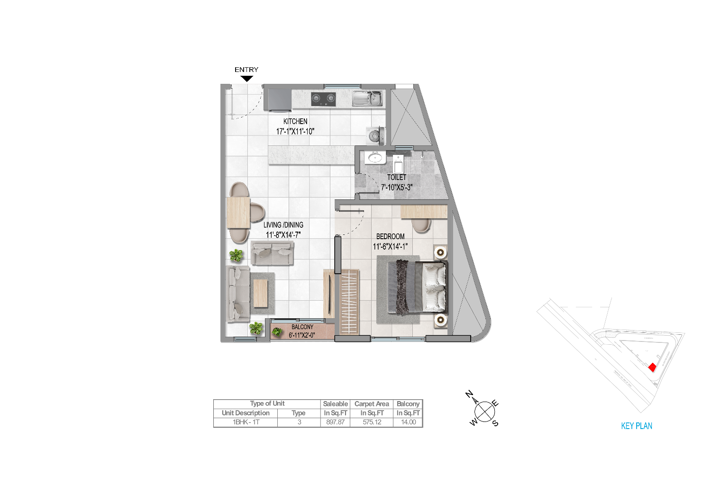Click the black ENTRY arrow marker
(246, 78)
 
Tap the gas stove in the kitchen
(323, 99)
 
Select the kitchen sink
(367, 99)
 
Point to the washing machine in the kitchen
(376, 136)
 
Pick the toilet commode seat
(398, 164)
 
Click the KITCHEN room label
(295, 121)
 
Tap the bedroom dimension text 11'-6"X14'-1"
(390, 246)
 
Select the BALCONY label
(302, 327)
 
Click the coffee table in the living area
(261, 293)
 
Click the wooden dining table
(238, 213)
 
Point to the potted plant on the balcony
(277, 332)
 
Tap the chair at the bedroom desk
(421, 225)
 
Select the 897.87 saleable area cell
(335, 422)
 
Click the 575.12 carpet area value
(372, 422)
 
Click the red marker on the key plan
(652, 367)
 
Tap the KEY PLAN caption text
(637, 426)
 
